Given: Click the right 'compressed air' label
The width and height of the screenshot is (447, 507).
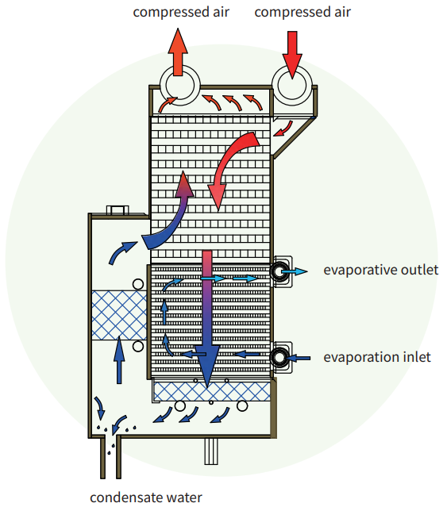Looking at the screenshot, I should click(302, 12).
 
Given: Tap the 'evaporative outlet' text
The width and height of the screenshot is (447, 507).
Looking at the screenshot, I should click(380, 270).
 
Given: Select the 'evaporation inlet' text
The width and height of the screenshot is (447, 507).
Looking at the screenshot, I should click(377, 357).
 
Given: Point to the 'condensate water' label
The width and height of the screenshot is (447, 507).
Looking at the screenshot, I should click(146, 497).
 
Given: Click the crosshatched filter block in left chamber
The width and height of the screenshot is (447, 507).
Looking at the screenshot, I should click(119, 315).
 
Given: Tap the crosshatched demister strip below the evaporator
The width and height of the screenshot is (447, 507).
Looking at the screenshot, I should click(211, 390).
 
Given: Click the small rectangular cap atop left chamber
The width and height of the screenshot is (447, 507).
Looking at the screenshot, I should click(117, 210).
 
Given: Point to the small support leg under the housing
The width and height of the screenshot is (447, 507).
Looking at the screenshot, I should click(210, 451).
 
